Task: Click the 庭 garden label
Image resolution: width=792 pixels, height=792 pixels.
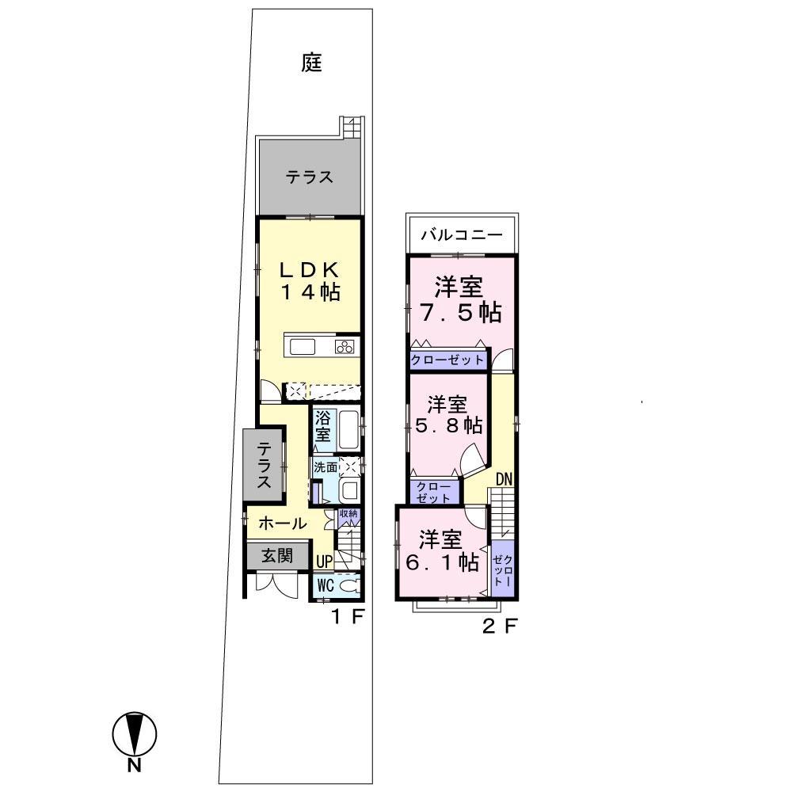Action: point(312,63)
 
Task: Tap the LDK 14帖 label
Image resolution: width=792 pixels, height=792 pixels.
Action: point(310,280)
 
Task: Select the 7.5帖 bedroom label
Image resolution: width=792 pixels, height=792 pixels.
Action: point(461,299)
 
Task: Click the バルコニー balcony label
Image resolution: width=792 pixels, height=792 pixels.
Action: point(461,234)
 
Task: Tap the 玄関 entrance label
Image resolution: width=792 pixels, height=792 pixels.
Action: point(278,555)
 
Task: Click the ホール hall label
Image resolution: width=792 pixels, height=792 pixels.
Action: point(282,523)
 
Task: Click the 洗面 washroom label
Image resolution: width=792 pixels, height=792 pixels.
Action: point(325,467)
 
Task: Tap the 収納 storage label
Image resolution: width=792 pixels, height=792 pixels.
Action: point(348,514)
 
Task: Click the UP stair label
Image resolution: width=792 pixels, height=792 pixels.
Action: point(324,562)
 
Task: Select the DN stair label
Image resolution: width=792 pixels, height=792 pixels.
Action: point(504,478)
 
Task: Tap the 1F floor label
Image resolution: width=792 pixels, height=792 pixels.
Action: point(346,617)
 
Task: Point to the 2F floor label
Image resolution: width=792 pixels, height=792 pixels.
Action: point(500,626)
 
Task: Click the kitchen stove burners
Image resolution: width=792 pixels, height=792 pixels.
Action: point(345,347)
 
